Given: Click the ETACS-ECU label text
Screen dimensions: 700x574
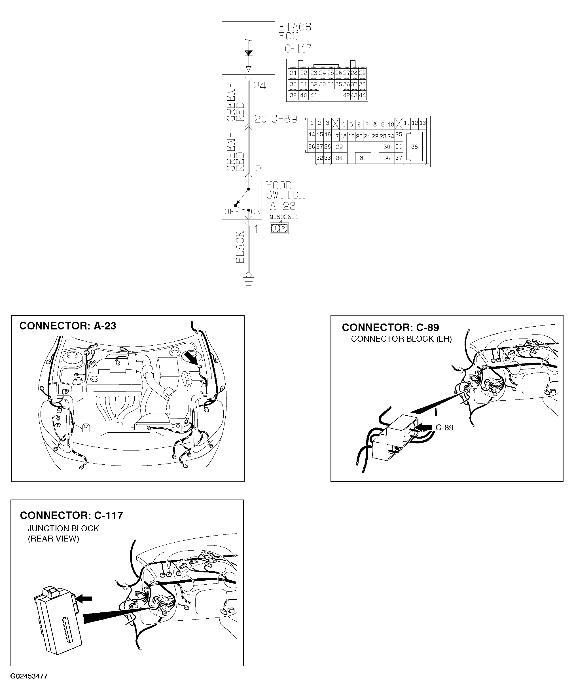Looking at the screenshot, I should point(297,32).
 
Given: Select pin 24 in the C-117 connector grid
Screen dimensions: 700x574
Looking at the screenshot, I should point(322,73).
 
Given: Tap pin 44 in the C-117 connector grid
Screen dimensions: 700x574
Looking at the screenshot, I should point(362,95).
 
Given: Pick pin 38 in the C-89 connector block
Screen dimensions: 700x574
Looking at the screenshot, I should point(414,147).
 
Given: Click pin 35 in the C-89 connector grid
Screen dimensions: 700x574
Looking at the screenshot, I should point(363,158).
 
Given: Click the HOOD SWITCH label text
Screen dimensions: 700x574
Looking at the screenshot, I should point(285,190).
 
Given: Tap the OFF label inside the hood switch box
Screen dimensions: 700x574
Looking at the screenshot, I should point(232,212).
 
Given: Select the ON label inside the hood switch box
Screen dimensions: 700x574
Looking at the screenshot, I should point(256,212).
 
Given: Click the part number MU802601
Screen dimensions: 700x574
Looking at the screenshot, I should point(284,217).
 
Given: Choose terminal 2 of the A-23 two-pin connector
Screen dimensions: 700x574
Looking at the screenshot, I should point(283,229).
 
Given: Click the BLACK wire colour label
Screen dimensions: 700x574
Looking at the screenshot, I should point(240,247).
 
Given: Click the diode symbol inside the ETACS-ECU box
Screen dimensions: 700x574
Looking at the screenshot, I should point(248,53).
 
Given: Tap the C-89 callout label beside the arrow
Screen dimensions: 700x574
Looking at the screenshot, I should point(444,428).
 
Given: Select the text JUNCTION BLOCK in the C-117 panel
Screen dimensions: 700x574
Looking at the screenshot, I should point(63,529).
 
